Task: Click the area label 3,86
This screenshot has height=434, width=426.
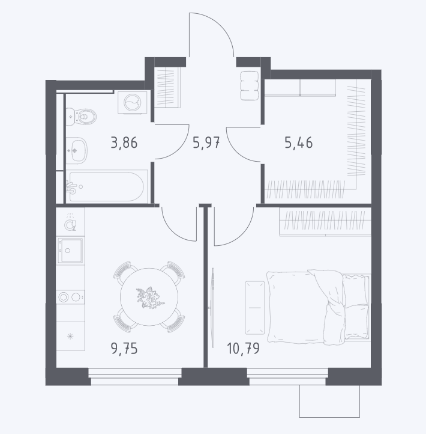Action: tap(124, 143)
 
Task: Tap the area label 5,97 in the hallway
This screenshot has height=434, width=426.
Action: tap(206, 143)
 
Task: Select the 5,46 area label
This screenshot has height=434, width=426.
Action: tap(299, 143)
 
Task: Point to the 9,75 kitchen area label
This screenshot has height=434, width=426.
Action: tap(124, 348)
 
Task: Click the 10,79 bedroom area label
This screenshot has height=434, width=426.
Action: tap(244, 348)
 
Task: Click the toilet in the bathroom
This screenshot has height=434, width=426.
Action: tap(81, 117)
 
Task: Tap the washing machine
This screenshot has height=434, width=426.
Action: tap(133, 102)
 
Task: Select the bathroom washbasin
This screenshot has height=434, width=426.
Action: tap(77, 151)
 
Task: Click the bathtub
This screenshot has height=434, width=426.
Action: tap(107, 186)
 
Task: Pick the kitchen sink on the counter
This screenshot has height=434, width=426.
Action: tap(70, 251)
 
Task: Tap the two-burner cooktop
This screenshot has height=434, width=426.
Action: tap(70, 298)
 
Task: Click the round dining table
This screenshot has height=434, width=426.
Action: tap(149, 297)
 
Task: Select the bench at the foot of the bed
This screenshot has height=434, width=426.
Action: tap(255, 308)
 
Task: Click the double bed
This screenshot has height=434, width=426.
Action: tap(318, 307)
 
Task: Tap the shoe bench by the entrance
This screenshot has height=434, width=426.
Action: tap(250, 85)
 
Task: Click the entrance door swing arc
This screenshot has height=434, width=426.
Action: tap(220, 25)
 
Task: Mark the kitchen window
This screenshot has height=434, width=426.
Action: tap(135, 376)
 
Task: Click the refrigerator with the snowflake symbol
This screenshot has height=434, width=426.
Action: tap(70, 336)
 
